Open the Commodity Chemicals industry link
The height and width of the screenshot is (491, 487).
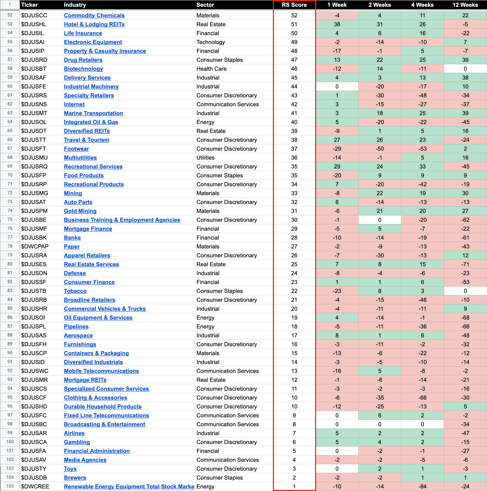94,15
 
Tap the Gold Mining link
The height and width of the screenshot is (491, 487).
80,211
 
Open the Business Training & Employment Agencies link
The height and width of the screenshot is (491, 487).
122,220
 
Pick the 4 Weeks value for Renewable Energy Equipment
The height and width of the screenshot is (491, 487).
422,486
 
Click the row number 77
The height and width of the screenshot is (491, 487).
10,237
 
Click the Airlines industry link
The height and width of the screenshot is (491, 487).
74,433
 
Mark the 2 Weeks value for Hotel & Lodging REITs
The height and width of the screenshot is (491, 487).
379,24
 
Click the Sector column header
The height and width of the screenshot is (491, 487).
205,5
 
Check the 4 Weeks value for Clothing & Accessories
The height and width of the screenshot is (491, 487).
422,398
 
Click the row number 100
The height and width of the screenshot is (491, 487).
10,442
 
